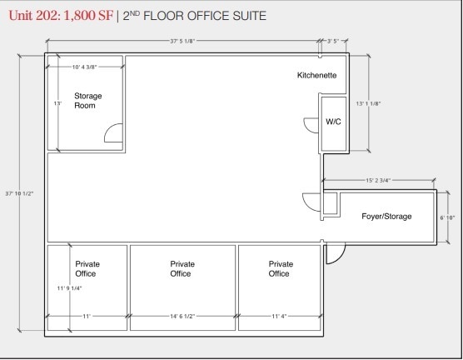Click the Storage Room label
[x=87, y=101]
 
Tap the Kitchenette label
[x=316, y=76]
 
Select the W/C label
[x=333, y=122]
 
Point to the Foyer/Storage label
[x=386, y=217]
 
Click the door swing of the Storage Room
[x=114, y=133]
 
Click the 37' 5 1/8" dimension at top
[x=182, y=39]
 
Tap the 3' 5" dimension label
[x=332, y=39]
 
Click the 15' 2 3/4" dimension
[x=379, y=179]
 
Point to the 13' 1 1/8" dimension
[x=366, y=104]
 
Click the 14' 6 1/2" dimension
[x=182, y=317]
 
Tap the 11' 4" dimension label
[x=280, y=317]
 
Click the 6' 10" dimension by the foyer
[x=446, y=217]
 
